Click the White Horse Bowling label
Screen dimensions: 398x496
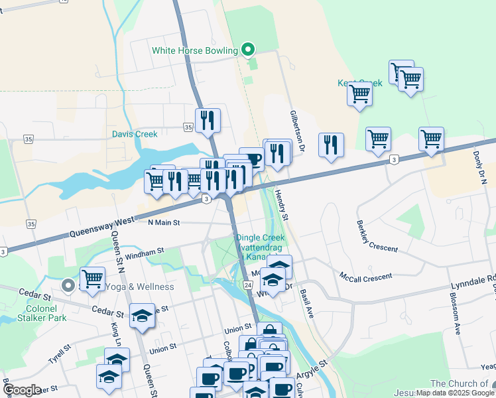click(x=194, y=50)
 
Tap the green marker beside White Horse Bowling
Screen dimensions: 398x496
click(x=248, y=50)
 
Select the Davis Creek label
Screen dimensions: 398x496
click(x=135, y=134)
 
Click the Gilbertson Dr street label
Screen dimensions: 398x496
click(x=296, y=131)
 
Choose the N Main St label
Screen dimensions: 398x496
click(x=164, y=224)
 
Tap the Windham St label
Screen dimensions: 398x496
click(x=144, y=253)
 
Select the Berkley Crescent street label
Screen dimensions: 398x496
click(x=377, y=236)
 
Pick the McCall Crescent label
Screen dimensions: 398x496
click(x=365, y=276)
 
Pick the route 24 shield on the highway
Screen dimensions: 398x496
click(x=247, y=285)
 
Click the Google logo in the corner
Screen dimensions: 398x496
click(x=21, y=390)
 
